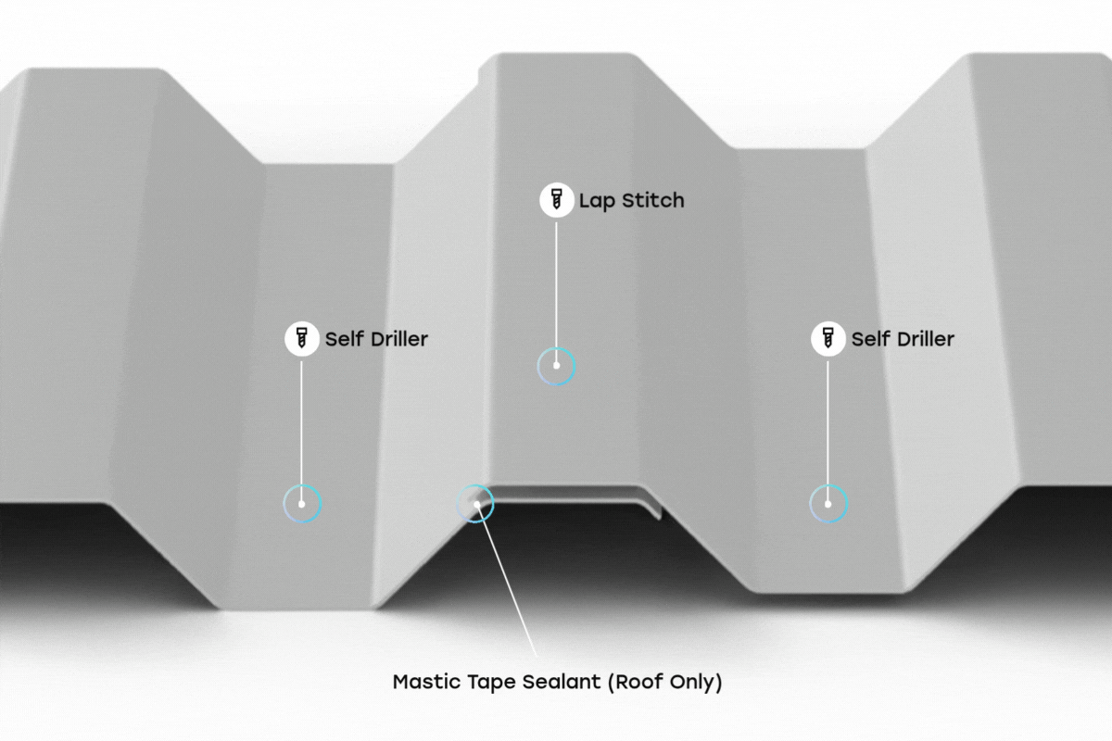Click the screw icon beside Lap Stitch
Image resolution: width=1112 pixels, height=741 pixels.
click(556, 200)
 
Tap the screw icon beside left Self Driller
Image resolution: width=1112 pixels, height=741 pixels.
click(301, 339)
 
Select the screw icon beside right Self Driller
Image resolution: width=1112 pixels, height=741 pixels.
click(828, 339)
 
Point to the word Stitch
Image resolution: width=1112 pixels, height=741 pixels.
click(652, 200)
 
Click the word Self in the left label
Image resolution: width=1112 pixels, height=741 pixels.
click(344, 339)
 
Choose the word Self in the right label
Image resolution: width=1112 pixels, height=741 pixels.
click(870, 339)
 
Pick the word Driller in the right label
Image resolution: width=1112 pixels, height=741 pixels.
click(925, 339)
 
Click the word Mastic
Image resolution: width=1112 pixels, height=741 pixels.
click(426, 683)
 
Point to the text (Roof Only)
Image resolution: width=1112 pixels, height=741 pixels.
click(665, 684)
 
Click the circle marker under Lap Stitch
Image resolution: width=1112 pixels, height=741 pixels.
click(556, 366)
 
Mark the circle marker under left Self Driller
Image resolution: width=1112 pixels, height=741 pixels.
click(301, 504)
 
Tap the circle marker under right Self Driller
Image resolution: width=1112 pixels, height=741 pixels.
click(828, 504)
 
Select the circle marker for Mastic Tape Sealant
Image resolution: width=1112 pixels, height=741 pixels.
click(476, 504)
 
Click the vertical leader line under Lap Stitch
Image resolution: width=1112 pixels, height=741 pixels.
click(556, 287)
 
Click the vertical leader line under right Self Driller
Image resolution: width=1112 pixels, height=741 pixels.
click(828, 421)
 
